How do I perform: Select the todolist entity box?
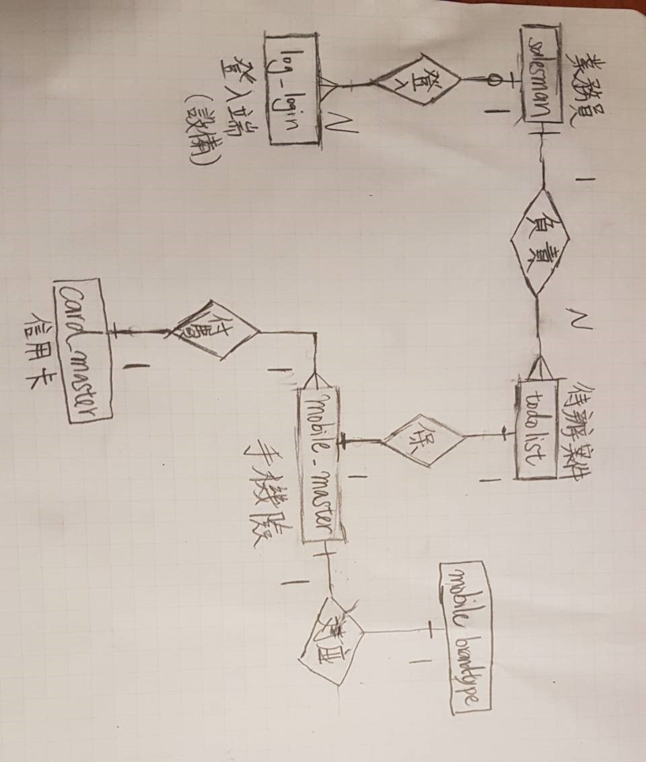click(x=536, y=429)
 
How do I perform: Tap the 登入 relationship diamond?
click(x=417, y=80)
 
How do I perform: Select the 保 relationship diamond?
click(x=423, y=440)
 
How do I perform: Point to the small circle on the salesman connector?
click(x=494, y=81)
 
